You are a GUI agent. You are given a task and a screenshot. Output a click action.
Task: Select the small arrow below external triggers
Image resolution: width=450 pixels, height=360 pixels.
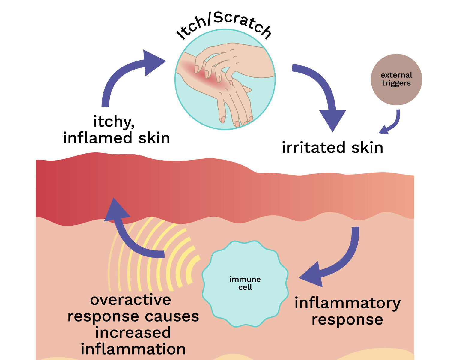[392, 123]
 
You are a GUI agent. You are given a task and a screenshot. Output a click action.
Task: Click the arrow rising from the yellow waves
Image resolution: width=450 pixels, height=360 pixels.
[129, 234]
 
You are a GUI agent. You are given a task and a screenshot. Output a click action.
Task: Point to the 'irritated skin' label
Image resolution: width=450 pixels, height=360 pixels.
[332, 148]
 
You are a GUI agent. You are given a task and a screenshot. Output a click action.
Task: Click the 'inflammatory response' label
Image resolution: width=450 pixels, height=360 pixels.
[347, 311]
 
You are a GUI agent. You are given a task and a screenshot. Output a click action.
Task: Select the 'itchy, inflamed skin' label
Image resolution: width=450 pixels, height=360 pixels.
[116, 130]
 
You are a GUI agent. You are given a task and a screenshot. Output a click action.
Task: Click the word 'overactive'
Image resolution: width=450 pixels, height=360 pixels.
[130, 300]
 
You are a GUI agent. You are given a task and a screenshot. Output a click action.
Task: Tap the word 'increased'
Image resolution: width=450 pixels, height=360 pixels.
[133, 333]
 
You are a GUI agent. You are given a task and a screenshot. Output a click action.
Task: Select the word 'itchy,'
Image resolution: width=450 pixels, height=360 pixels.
[114, 122]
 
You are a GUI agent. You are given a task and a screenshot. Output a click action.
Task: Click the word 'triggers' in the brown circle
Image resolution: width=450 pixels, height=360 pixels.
[396, 83]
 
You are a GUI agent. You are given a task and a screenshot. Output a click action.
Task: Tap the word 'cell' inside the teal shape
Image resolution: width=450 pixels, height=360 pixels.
[245, 287]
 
